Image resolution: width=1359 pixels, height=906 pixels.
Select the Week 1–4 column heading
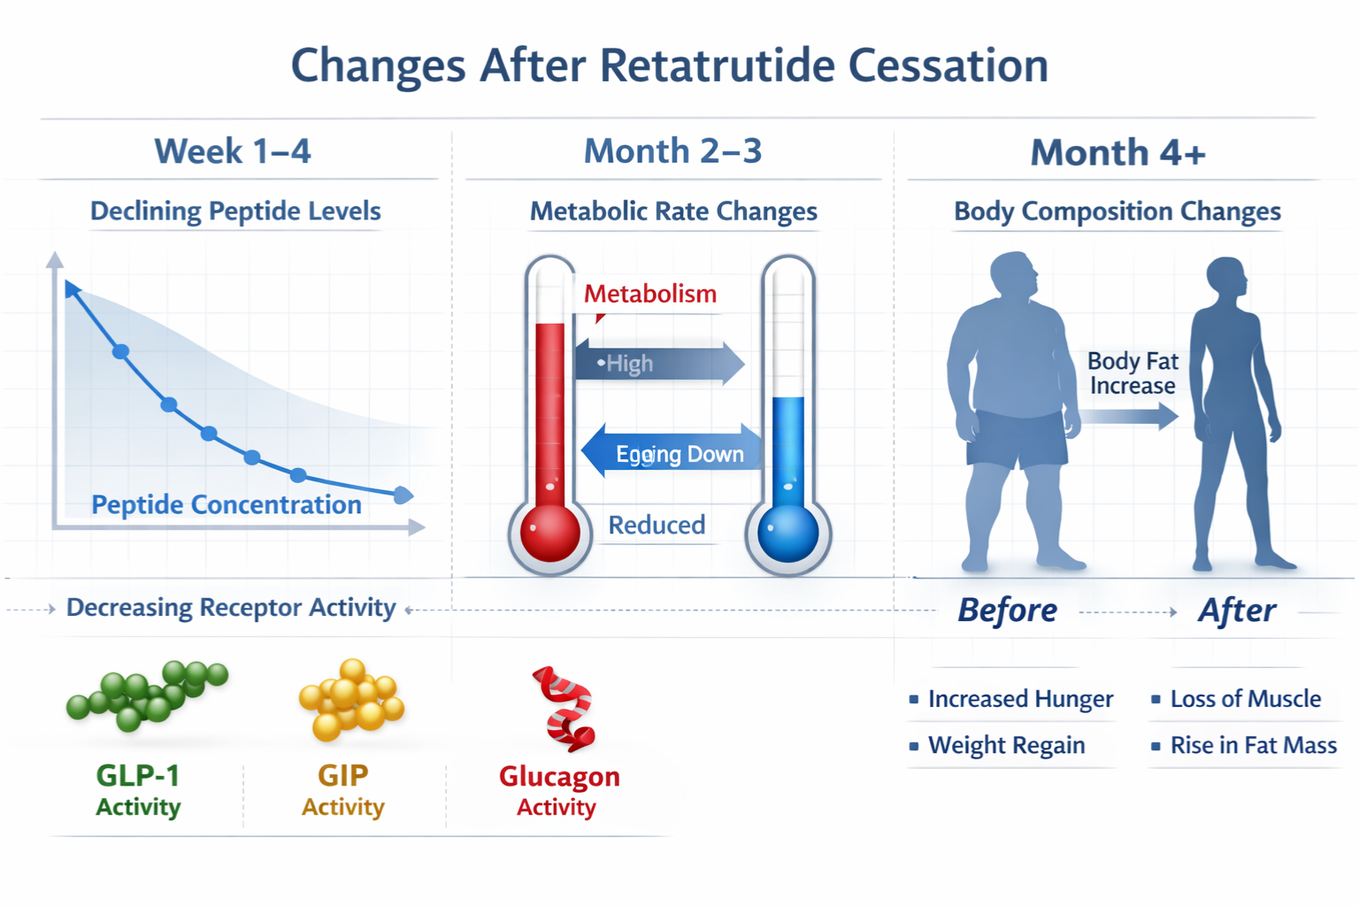pos(233,151)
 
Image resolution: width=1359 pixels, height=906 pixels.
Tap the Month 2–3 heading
pos(672,151)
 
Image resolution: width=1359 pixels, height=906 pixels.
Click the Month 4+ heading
pos(1117,153)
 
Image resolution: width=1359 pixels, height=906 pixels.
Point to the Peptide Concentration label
pos(226,504)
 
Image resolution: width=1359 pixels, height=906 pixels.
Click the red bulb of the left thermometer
pos(549,533)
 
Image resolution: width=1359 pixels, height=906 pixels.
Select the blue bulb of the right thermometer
pos(787,533)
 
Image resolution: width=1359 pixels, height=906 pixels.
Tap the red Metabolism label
pos(649,294)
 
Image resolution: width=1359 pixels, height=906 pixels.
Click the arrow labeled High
pos(659,363)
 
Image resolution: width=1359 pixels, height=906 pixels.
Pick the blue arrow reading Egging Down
pos(672,453)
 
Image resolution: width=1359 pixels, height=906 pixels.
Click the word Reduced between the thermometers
pos(656,525)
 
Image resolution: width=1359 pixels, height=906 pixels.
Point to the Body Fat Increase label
pos(1132,373)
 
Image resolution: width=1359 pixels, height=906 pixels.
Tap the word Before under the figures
pos(1007,610)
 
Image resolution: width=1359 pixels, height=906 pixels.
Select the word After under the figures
pos(1237,610)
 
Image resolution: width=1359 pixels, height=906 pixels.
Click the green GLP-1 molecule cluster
pos(146,695)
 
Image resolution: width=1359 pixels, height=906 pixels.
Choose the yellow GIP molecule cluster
pos(351,699)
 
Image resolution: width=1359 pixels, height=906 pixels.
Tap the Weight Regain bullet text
pos(1006,745)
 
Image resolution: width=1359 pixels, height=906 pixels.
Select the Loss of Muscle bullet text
pos(1245,699)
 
